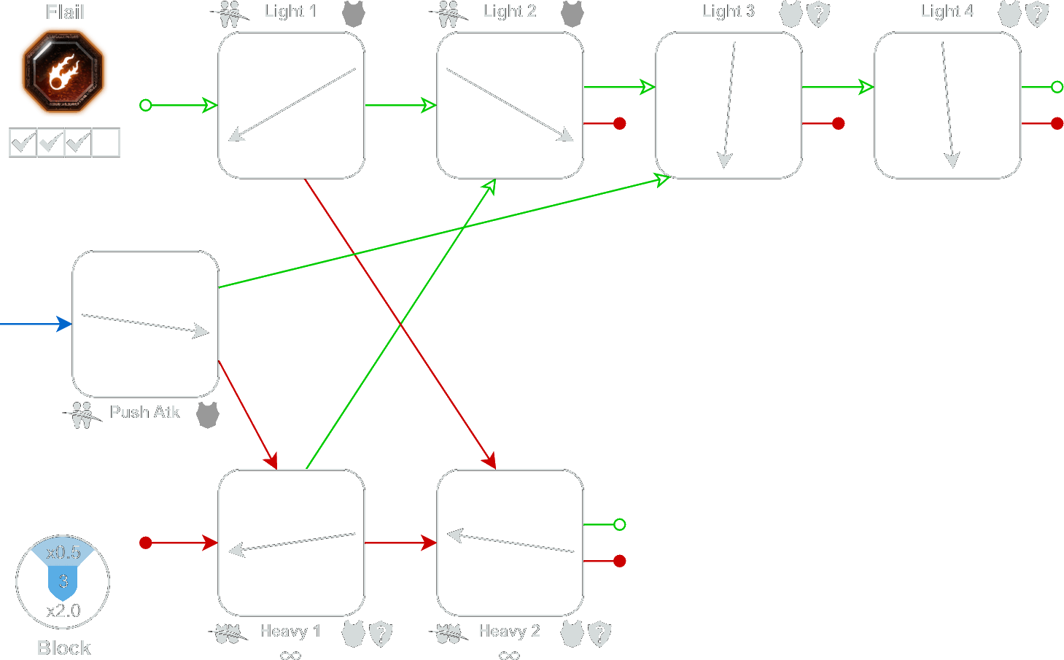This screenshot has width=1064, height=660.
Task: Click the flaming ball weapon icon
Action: click(63, 71)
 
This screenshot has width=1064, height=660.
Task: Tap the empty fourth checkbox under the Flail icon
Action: click(106, 142)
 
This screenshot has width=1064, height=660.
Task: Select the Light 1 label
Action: click(291, 11)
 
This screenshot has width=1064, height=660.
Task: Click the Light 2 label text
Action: click(510, 11)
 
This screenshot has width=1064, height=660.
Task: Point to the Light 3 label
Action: click(729, 11)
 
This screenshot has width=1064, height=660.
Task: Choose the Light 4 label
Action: click(947, 11)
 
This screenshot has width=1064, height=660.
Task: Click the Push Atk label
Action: click(145, 411)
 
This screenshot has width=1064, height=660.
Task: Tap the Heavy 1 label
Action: click(290, 631)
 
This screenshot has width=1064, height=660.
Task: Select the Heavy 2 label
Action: click(509, 631)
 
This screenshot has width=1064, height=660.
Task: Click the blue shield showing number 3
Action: click(63, 583)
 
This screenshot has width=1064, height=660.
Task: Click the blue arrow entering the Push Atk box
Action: click(36, 324)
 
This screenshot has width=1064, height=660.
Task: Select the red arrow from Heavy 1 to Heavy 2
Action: click(400, 543)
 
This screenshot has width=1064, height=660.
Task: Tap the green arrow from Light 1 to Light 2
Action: click(400, 105)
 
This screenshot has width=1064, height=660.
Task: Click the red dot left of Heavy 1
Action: click(145, 543)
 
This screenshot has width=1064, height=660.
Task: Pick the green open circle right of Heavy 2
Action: click(619, 524)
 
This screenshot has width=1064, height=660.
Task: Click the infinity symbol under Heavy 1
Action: click(290, 655)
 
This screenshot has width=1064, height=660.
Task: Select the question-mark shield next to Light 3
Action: click(818, 14)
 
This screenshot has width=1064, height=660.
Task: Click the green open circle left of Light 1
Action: click(145, 105)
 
